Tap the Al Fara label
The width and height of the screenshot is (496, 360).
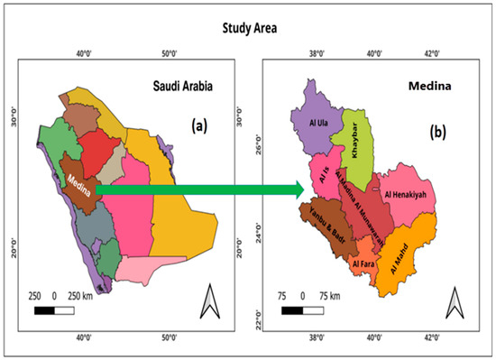(x=364, y=263)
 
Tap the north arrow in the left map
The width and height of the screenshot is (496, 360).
(x=206, y=298)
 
